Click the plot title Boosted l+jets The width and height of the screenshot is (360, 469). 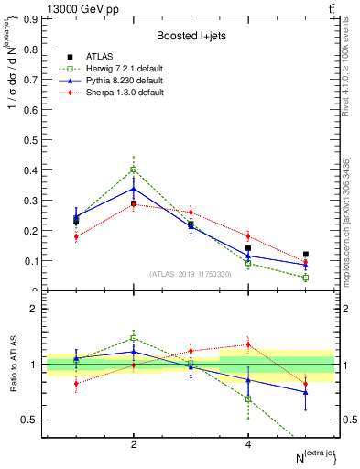[191, 36]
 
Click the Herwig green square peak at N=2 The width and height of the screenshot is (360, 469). [134, 169]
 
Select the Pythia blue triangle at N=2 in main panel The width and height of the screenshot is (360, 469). [134, 189]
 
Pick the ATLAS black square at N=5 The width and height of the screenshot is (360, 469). [306, 254]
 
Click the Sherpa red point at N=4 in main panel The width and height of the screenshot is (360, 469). [248, 236]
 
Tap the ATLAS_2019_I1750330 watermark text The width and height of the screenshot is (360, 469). [191, 274]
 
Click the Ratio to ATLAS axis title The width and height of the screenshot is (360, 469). [12, 365]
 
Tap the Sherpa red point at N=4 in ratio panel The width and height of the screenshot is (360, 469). [248, 344]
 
